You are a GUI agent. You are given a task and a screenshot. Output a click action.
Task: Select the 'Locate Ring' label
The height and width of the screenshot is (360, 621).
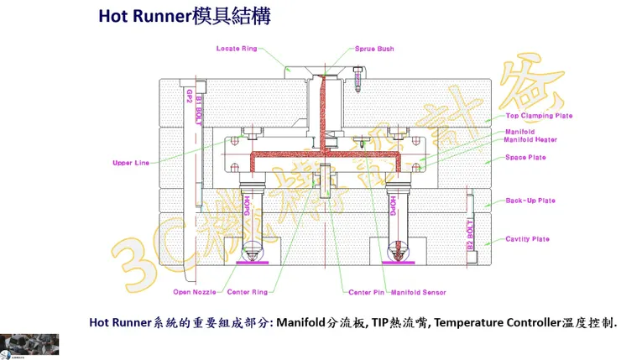tap(237, 49)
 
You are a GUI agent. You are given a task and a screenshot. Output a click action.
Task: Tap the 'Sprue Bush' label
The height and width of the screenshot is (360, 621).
tap(374, 49)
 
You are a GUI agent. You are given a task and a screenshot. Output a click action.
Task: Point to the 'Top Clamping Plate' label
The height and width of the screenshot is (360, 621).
tap(539, 116)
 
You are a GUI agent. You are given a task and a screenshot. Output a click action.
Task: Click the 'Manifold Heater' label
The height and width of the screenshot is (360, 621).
tap(531, 139)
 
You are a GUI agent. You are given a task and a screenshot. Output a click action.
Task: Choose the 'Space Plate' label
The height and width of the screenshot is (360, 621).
tap(525, 158)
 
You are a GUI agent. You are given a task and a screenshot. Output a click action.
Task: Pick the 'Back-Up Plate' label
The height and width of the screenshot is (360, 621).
tap(530, 201)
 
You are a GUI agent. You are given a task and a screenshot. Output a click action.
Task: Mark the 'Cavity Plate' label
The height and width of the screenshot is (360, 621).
tap(528, 239)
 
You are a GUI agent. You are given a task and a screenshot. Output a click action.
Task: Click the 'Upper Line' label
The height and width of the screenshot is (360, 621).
tap(131, 163)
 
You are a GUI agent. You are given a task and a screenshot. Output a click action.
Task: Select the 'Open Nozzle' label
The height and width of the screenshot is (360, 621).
tap(195, 292)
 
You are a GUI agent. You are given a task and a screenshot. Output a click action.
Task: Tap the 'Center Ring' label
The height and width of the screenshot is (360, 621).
tap(248, 292)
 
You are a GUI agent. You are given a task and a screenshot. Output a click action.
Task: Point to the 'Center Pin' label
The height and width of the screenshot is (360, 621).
tap(367, 292)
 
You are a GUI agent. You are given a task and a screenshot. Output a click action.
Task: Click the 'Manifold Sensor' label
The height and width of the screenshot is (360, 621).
tap(419, 292)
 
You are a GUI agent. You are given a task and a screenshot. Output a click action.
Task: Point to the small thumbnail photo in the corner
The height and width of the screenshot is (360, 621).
tap(29, 345)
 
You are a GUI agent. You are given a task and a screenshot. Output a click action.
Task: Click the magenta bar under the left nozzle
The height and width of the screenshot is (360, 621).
tap(251, 262)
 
